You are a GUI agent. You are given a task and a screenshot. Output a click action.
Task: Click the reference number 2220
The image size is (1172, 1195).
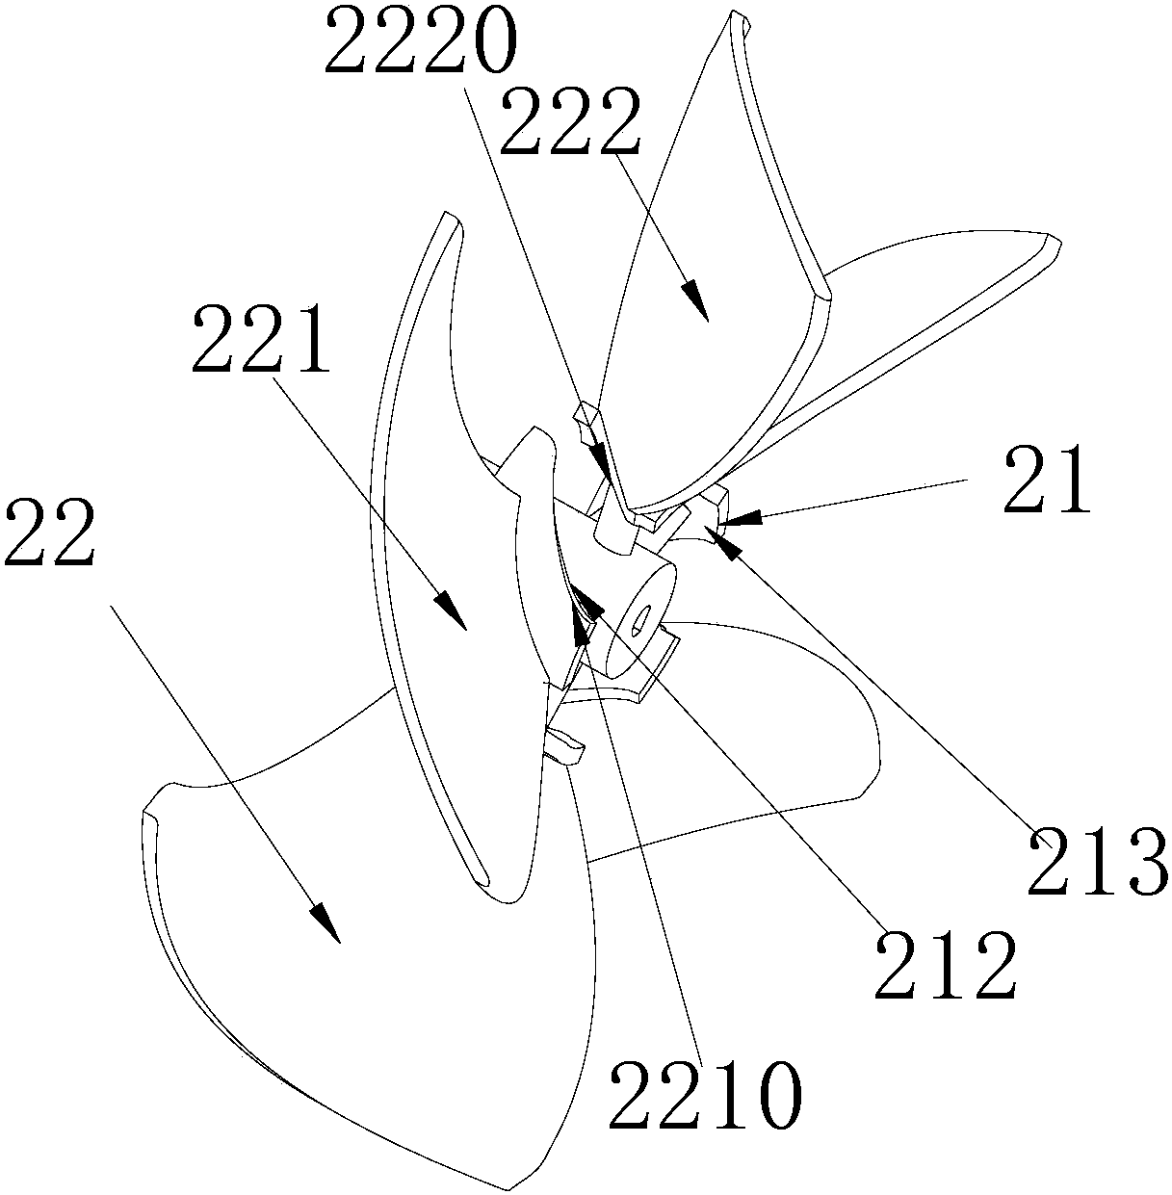tap(420, 42)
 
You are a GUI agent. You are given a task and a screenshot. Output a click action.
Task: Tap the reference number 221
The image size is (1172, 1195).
tap(261, 338)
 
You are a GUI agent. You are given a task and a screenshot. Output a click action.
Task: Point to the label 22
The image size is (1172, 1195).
tap(50, 533)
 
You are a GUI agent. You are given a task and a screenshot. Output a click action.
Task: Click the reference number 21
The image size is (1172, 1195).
tap(1048, 479)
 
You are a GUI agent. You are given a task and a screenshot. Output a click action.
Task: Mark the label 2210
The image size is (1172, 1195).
tap(705, 1095)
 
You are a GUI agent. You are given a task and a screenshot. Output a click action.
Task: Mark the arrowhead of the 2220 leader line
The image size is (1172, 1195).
tap(601, 459)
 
